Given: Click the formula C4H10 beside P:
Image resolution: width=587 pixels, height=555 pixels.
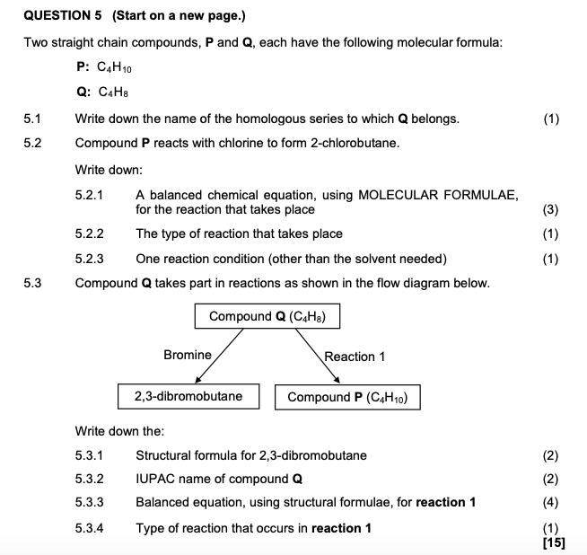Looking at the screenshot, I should [118, 66].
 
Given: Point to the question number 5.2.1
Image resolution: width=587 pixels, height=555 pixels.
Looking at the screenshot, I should [90, 195].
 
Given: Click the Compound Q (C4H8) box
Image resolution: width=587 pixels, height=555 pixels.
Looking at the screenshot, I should [266, 316].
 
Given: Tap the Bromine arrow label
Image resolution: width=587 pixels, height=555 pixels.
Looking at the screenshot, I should [187, 356].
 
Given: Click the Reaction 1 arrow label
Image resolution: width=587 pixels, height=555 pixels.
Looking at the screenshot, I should [355, 357].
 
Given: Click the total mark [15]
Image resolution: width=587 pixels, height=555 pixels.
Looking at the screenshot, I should [554, 542].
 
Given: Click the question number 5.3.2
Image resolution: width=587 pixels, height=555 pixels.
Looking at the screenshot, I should [90, 479].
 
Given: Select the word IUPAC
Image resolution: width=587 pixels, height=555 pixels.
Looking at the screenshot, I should [154, 479].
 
